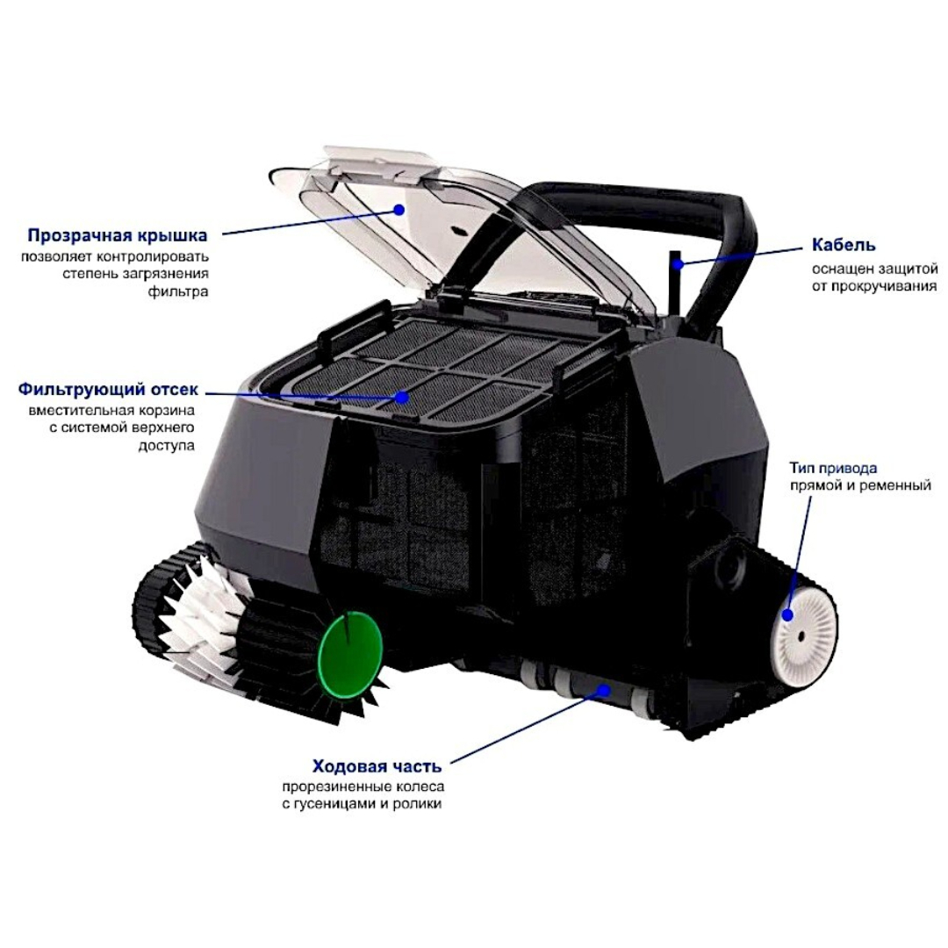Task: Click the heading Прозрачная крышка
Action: tap(118, 234)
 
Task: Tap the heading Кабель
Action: tap(844, 245)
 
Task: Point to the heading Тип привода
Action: tap(833, 469)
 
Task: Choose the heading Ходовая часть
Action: tap(377, 766)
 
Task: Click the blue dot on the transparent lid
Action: tap(399, 210)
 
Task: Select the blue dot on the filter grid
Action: tap(401, 397)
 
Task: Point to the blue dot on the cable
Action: tap(679, 263)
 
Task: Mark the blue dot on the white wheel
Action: tap(787, 614)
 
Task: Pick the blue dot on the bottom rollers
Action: tap(603, 689)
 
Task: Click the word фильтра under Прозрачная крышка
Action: tap(177, 292)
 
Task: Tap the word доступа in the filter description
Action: tap(167, 446)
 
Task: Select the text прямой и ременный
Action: tap(860, 485)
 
